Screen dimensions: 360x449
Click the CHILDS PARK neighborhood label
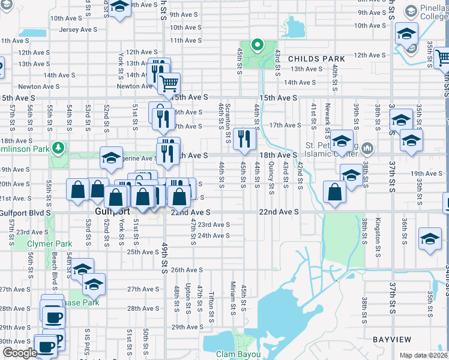(316, 59)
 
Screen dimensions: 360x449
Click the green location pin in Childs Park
(257, 45)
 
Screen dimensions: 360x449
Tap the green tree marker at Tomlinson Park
(58, 147)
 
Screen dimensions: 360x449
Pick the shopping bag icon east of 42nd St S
(334, 192)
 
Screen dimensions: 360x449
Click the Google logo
(19, 353)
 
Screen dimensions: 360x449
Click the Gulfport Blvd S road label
(26, 212)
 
